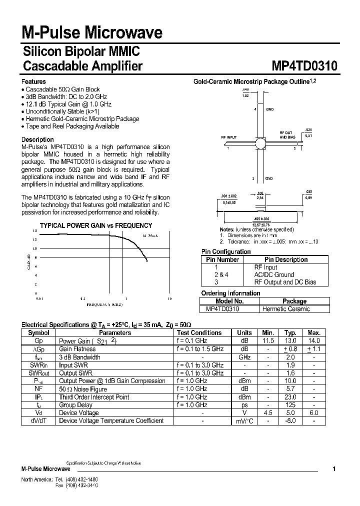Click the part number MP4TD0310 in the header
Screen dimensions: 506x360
pos(304,66)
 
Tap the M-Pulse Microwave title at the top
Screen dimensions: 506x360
pos(91,33)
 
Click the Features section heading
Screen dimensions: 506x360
pos(33,81)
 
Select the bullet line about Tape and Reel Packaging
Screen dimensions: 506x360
pos(71,126)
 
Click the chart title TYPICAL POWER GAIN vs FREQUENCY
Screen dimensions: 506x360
pos(96,225)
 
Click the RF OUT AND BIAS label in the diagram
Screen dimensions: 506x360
pos(287,135)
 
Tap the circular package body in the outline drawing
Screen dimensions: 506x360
pos(260,143)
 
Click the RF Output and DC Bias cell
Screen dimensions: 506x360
pos(285,282)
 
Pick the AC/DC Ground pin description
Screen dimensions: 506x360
pos(274,274)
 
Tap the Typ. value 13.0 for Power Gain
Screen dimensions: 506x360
pos(290,340)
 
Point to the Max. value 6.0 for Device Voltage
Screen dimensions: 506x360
pos(313,412)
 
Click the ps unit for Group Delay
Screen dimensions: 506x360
pos(244,404)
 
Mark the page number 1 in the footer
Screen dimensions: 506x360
pos(333,469)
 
